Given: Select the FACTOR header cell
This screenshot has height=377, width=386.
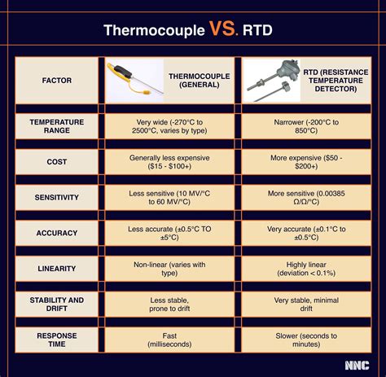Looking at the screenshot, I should pos(56,81).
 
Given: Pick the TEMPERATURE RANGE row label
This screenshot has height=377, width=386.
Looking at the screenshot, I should pos(56,126).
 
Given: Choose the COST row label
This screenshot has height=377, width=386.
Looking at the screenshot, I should pos(56,161).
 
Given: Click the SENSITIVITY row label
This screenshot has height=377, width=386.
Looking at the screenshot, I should pos(56,196).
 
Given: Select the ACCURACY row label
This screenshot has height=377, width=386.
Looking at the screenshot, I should pos(56,232).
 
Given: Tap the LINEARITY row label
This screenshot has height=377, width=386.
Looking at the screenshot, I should pos(56,268).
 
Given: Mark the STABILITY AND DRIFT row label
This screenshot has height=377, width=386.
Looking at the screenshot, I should pos(56,305).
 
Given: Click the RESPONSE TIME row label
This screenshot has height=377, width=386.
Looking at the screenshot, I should pos(56,340).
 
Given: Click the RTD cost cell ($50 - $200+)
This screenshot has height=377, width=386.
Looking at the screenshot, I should pos(308,161).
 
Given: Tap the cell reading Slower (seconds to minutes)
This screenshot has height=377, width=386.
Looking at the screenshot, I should pos(308,340).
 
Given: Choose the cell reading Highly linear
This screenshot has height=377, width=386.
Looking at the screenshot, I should pos(308,268).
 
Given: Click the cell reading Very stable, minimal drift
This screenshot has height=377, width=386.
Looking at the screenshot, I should pos(308,305).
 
